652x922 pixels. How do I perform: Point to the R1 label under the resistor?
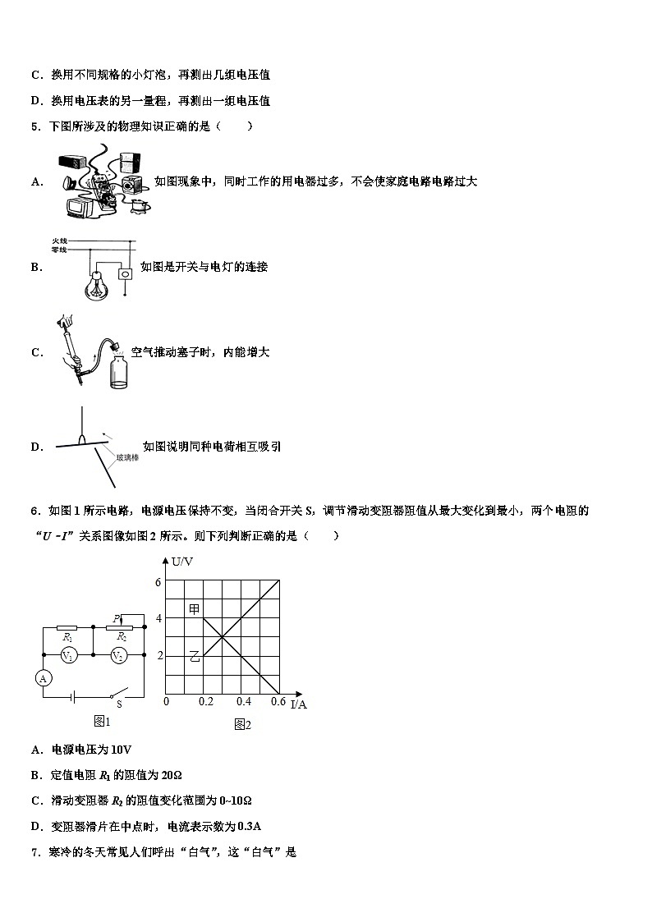pyautogui.click(x=68, y=637)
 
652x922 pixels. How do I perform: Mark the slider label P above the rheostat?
pyautogui.click(x=116, y=617)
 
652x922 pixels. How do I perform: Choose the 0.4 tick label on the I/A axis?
pyautogui.click(x=244, y=701)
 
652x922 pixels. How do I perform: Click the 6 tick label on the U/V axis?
pyautogui.click(x=158, y=581)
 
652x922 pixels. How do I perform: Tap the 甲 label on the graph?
pyautogui.click(x=194, y=608)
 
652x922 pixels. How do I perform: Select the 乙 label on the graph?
pyautogui.click(x=194, y=655)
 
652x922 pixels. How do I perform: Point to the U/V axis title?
pyautogui.click(x=181, y=561)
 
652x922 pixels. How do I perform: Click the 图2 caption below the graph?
pyautogui.click(x=242, y=724)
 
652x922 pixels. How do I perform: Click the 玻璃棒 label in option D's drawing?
pyautogui.click(x=126, y=457)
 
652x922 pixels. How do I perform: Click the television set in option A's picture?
pyautogui.click(x=82, y=211)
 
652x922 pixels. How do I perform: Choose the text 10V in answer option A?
pyautogui.click(x=119, y=750)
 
